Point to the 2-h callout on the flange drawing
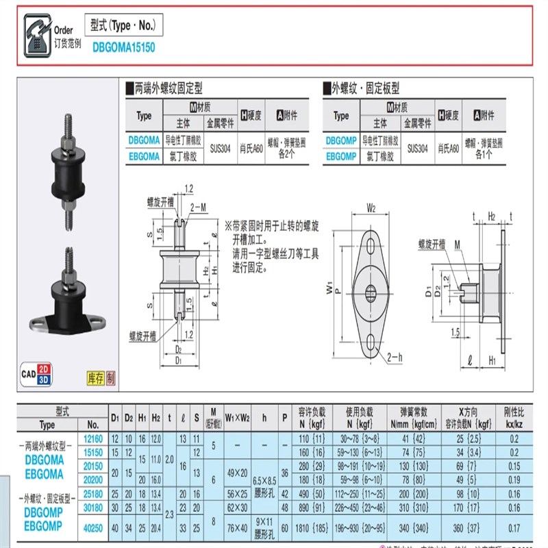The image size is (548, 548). click(395, 358)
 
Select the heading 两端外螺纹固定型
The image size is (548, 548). click(168, 88)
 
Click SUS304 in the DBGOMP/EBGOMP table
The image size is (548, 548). click(417, 147)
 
